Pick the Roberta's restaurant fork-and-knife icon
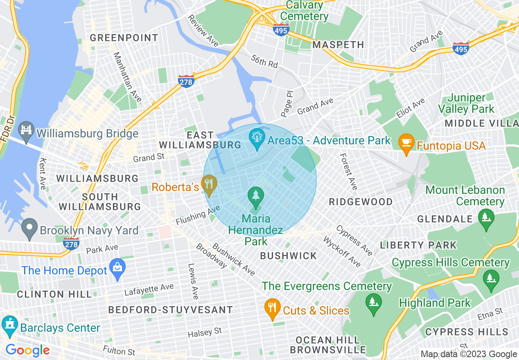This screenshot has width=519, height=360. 209,185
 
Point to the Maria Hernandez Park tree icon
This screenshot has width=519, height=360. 256,196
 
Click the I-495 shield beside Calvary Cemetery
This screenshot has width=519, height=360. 281,30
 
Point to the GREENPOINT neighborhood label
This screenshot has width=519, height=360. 124,38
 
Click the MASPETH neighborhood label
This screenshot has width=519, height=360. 338,45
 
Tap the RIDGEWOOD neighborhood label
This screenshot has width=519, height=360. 361,202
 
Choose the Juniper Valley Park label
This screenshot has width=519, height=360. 466,103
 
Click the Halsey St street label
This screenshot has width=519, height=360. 205,333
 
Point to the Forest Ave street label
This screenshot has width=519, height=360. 349,172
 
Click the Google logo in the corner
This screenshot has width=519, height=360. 27,351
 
